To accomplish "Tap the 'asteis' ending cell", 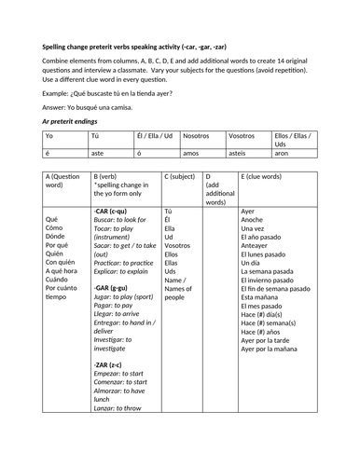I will click(x=240, y=154).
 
